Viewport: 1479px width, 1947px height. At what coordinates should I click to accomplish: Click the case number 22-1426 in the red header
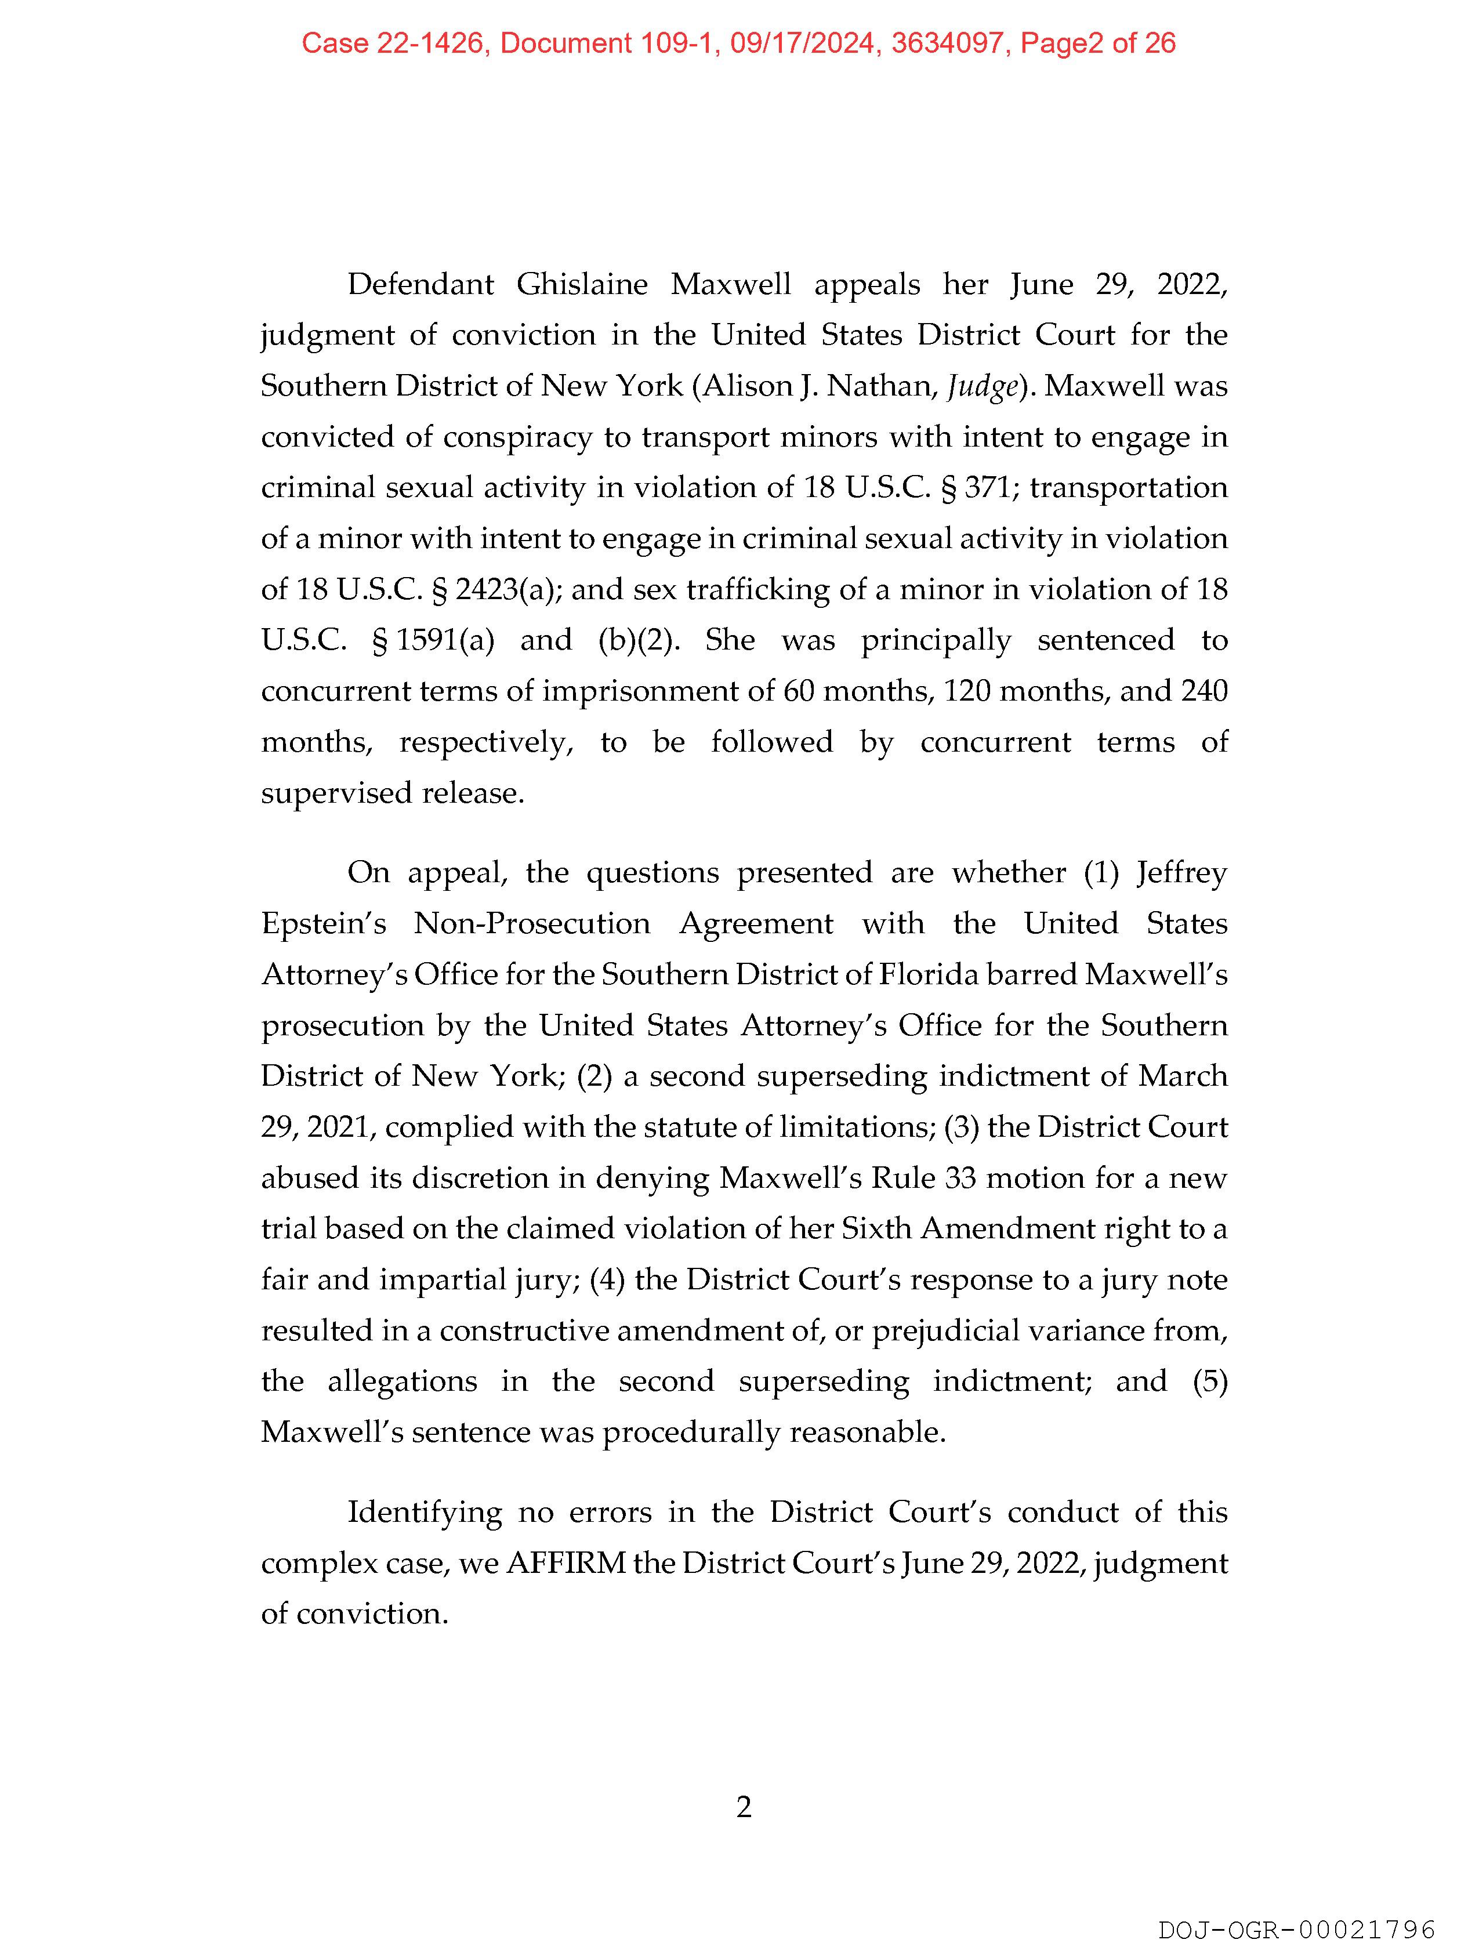432,43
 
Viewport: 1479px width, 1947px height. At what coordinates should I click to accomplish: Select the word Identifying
425,1511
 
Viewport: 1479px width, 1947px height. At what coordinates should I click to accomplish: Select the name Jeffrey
1181,873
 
